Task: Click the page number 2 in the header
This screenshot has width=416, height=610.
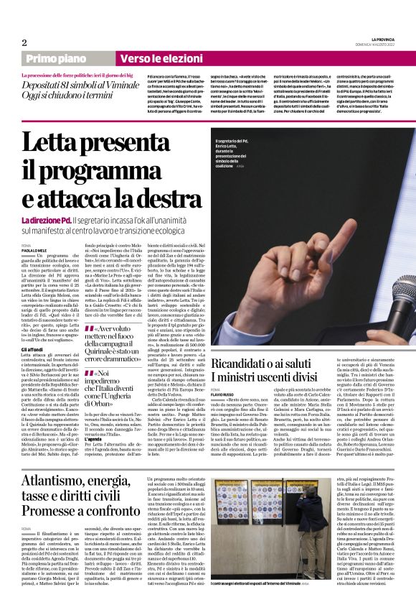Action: pos(24,42)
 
